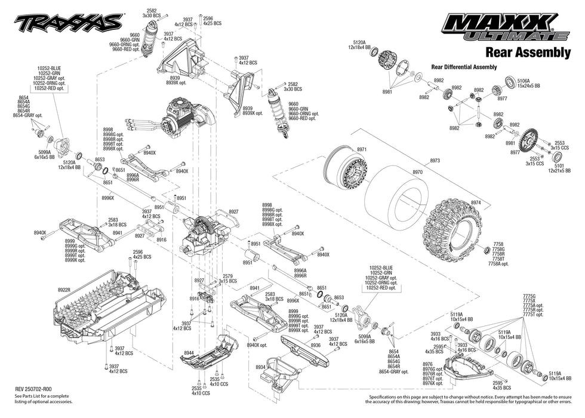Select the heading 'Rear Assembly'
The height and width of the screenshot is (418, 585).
pyautogui.click(x=527, y=52)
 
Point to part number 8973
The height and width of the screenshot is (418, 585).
pyautogui.click(x=435, y=161)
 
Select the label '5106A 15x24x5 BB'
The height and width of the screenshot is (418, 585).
pyautogui.click(x=528, y=84)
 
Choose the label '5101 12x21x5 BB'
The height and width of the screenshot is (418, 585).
pyautogui.click(x=557, y=169)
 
